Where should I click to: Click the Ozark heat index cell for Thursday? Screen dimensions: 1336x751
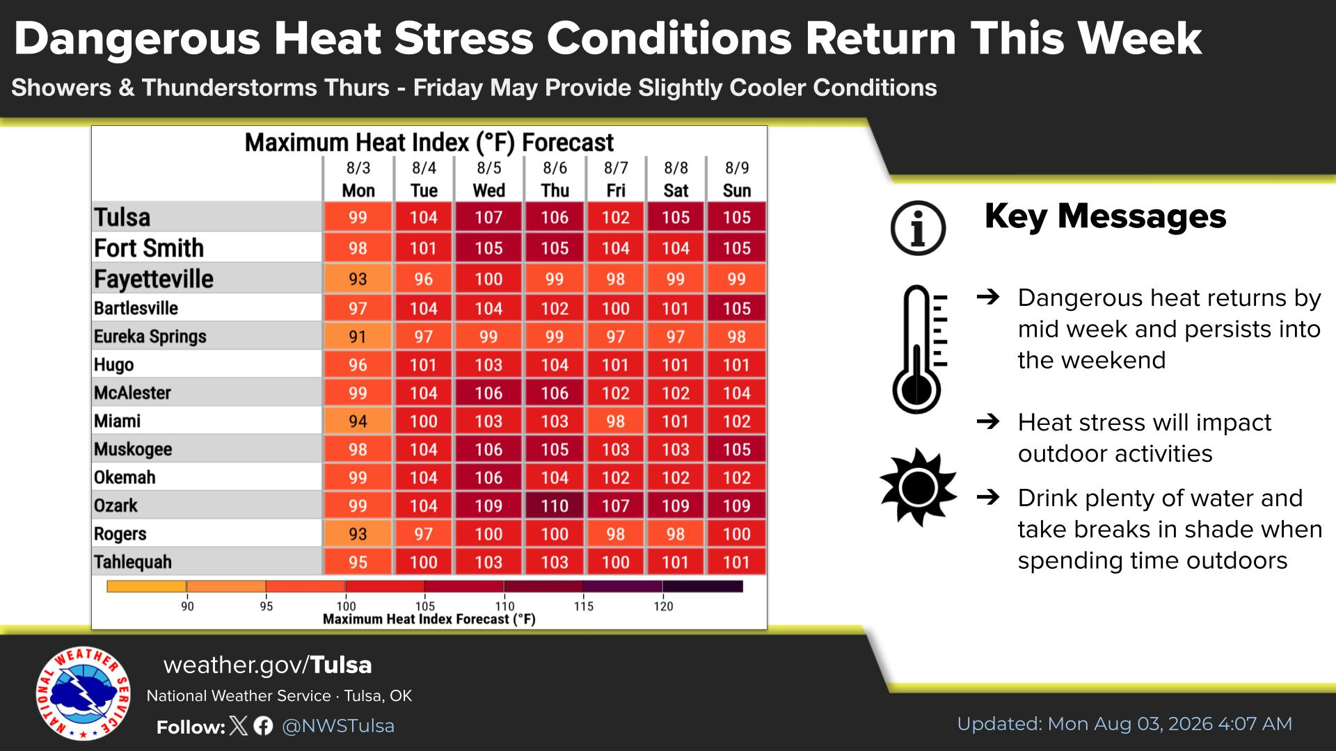pos(555,506)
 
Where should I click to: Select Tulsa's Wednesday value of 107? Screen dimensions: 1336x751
pos(488,217)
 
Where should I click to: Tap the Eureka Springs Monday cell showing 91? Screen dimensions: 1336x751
pos(358,337)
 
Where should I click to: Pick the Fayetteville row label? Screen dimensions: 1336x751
pos(154,279)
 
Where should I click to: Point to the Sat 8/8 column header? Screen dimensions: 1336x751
pos(676,179)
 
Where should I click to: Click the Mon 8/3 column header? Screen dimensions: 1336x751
pos(358,179)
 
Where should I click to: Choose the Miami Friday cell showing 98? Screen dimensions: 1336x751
pos(615,421)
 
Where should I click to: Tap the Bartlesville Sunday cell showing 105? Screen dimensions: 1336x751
pos(736,308)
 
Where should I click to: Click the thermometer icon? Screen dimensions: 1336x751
pos(919,348)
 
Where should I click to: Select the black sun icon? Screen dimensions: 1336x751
pos(918,487)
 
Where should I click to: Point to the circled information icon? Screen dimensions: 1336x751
pos(918,228)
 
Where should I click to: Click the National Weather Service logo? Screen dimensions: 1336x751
pos(83,693)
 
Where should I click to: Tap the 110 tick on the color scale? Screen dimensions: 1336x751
pos(504,606)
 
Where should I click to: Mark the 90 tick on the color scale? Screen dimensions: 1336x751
pos(187,606)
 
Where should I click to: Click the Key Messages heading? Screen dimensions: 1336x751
pos(1105,216)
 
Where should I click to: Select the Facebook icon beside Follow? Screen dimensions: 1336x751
pos(263,726)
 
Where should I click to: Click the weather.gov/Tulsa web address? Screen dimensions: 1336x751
pos(267,665)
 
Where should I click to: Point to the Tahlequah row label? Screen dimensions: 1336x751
pos(133,562)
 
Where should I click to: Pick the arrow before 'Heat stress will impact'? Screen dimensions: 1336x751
pos(988,421)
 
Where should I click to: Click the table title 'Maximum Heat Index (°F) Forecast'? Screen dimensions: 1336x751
pos(429,143)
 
